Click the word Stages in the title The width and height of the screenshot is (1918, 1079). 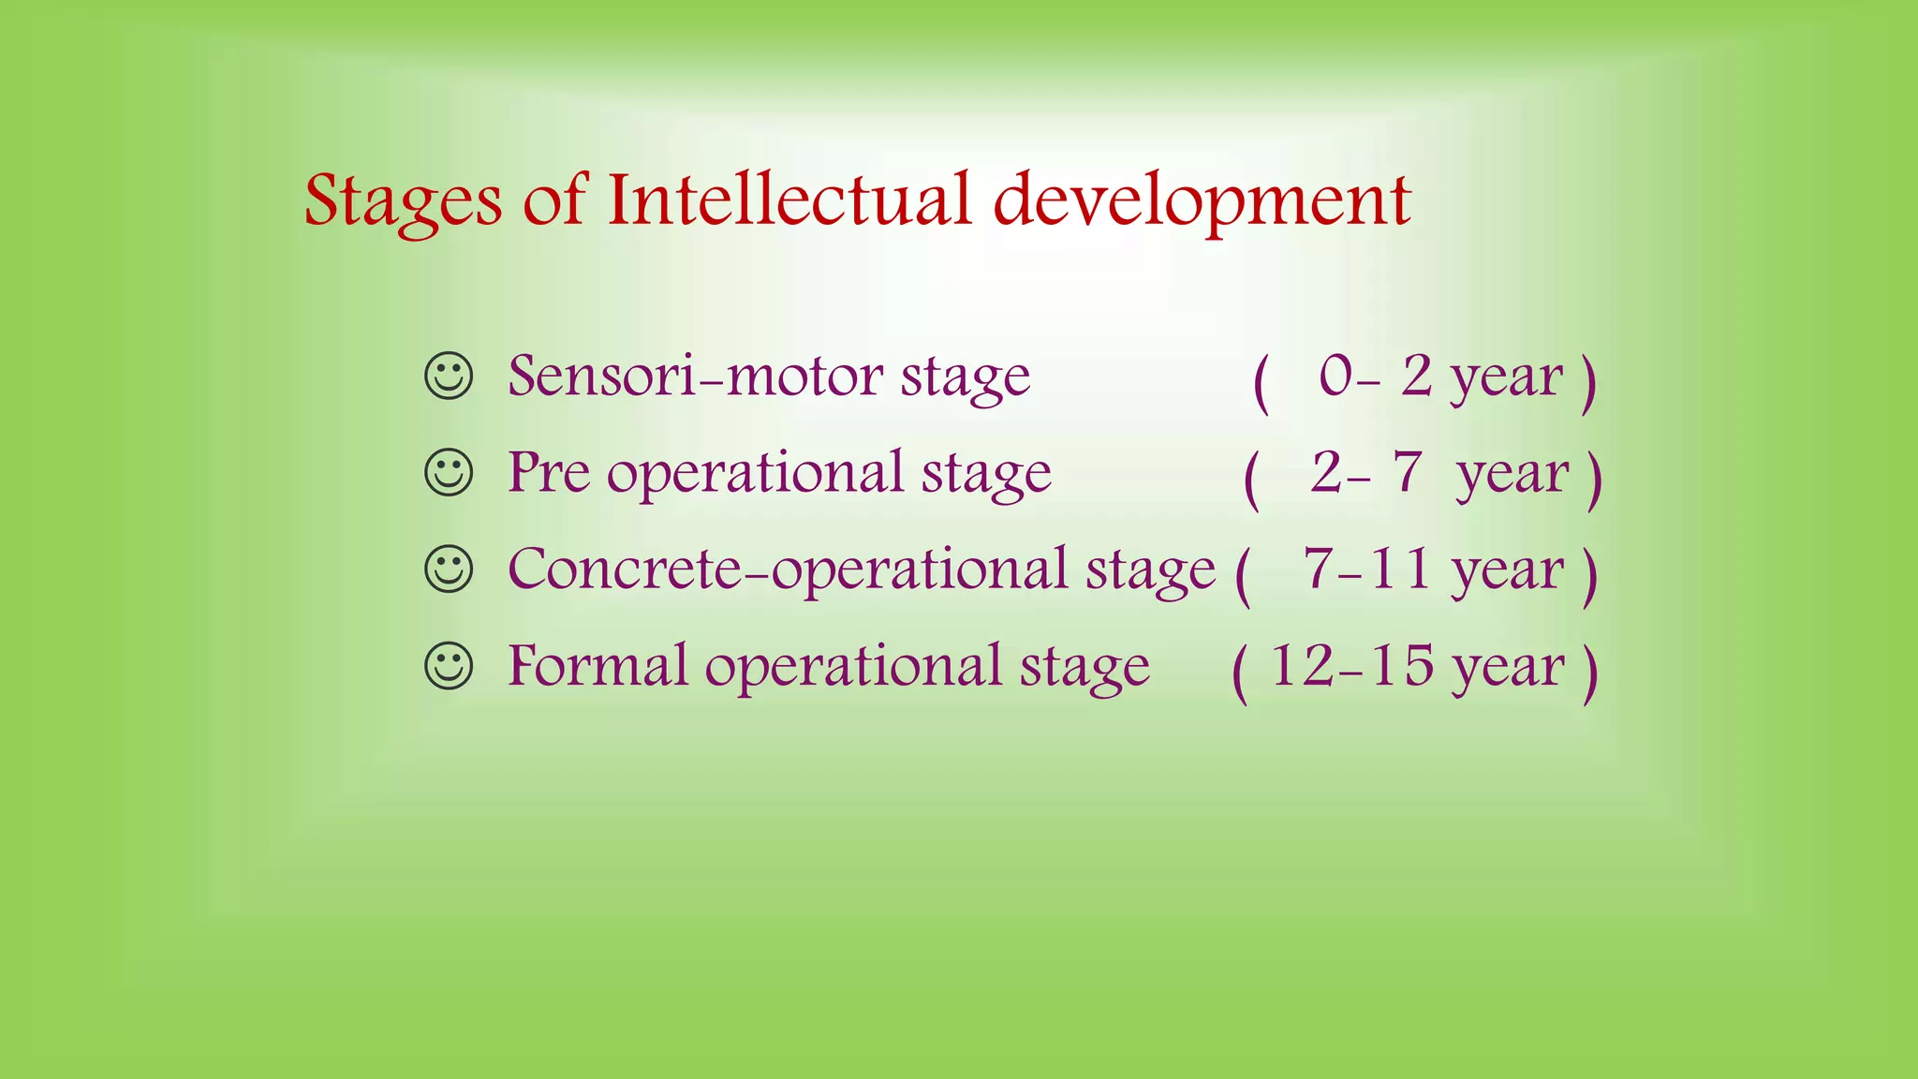[403, 201]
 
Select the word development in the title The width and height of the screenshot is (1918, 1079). [1201, 201]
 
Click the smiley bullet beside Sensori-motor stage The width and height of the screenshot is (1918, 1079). [449, 377]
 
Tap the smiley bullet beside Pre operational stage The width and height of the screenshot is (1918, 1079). [449, 473]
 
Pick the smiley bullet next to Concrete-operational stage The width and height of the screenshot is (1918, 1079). [449, 569]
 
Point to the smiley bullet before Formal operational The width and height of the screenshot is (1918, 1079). [449, 666]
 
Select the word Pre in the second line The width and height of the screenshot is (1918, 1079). [548, 472]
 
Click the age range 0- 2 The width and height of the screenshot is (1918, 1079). [1375, 377]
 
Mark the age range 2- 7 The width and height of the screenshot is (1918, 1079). [1366, 472]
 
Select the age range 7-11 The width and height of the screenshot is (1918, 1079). [1366, 569]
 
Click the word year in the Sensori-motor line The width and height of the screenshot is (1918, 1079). [1506, 379]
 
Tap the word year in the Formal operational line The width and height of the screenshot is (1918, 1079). [1508, 669]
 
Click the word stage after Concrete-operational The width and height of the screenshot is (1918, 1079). [1150, 571]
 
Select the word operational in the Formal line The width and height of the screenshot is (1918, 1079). [852, 667]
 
